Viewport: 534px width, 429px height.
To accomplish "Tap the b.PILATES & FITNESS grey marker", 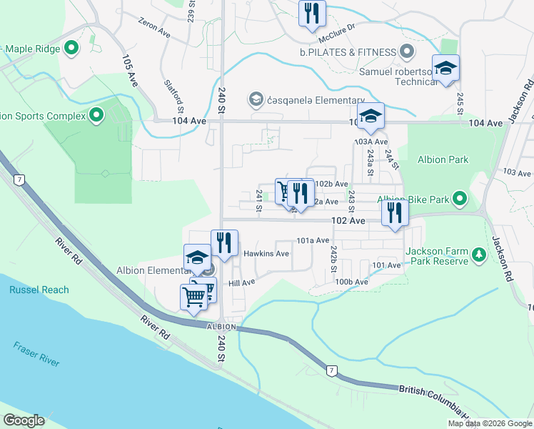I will (x=407, y=51).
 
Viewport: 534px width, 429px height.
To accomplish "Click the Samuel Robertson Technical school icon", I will (x=445, y=69).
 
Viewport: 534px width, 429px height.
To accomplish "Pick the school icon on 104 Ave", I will (x=371, y=117).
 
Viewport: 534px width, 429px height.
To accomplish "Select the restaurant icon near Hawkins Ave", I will (x=223, y=243).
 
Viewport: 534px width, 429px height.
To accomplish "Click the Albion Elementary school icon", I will (x=196, y=259).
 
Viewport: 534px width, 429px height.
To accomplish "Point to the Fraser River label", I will (x=36, y=354).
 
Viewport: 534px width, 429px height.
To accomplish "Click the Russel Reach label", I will (x=39, y=290).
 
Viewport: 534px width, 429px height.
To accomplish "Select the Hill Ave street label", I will (x=241, y=283).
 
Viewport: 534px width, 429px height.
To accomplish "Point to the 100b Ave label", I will (x=351, y=282).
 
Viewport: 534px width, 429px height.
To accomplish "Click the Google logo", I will (x=24, y=420).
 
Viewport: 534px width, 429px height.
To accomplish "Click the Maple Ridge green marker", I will (x=71, y=49).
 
